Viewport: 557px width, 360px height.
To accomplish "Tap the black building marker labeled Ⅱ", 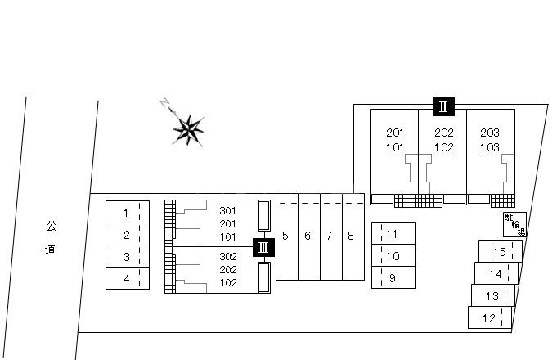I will pyautogui.click(x=442, y=106).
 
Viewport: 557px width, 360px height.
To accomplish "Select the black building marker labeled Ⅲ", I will pyautogui.click(x=263, y=246).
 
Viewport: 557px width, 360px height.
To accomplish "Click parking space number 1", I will pyautogui.click(x=126, y=213).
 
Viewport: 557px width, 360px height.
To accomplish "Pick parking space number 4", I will pyautogui.click(x=126, y=279).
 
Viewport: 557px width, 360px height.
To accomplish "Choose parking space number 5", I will pyautogui.click(x=285, y=236).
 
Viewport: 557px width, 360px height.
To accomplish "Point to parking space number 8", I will pyautogui.click(x=350, y=236).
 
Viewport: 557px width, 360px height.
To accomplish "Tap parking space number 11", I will pyautogui.click(x=392, y=234).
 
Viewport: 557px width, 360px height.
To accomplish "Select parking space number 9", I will pyautogui.click(x=392, y=278).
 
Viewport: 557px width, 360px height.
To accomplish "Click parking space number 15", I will pyautogui.click(x=500, y=252).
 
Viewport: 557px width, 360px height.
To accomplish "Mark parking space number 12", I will pyautogui.click(x=489, y=318).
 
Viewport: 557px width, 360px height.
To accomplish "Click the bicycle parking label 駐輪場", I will pyautogui.click(x=514, y=223).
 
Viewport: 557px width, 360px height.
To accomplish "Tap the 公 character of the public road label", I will pyautogui.click(x=51, y=225).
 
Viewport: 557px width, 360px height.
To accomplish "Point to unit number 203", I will pyautogui.click(x=490, y=133).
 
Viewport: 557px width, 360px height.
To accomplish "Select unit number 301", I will pyautogui.click(x=227, y=210).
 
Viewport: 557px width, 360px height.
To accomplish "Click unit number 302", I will pyautogui.click(x=227, y=256).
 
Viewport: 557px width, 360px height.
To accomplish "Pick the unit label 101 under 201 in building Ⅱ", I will pyautogui.click(x=395, y=148).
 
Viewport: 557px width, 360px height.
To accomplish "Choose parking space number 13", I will pyautogui.click(x=492, y=296).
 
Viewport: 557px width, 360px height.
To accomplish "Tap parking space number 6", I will pyautogui.click(x=308, y=236).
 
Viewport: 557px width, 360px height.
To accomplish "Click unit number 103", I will pyautogui.click(x=490, y=148).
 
